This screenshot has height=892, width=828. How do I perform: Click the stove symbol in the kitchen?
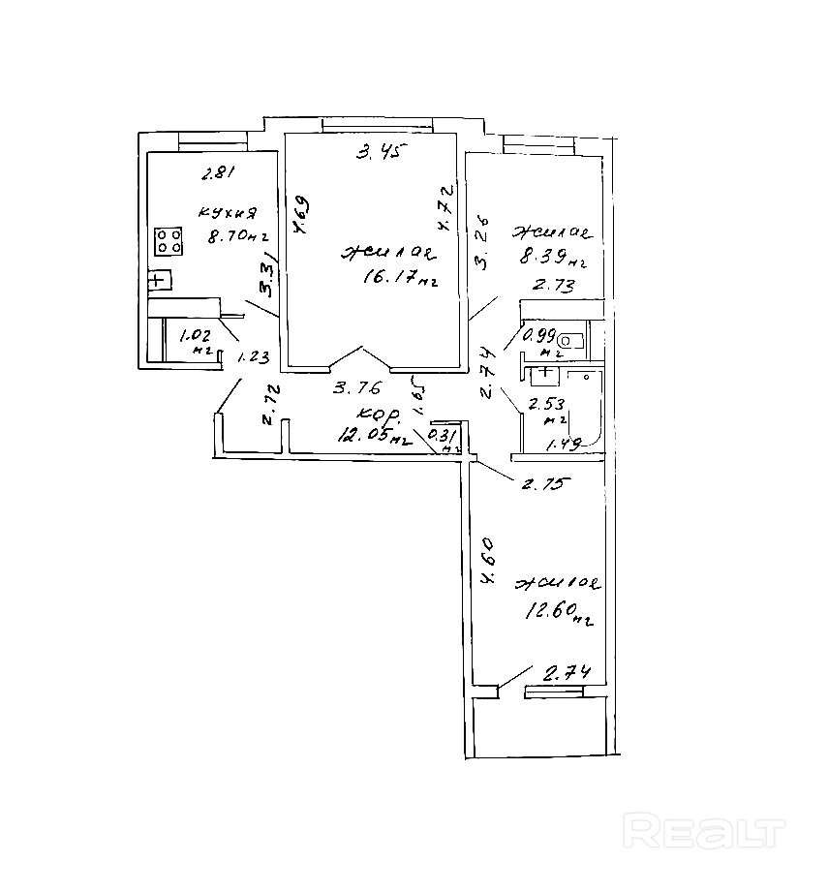pos(169,241)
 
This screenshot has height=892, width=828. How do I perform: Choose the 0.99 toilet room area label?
pos(538,337)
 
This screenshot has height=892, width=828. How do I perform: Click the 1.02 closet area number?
pos(195,338)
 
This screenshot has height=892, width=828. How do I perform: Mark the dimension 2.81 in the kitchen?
pos(218,175)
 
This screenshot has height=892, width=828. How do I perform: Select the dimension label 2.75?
pos(543,485)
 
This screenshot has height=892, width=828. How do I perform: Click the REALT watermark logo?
pos(704,831)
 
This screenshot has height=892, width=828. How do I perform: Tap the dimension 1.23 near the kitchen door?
pos(253,356)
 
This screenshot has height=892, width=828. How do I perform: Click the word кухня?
pos(227,212)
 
